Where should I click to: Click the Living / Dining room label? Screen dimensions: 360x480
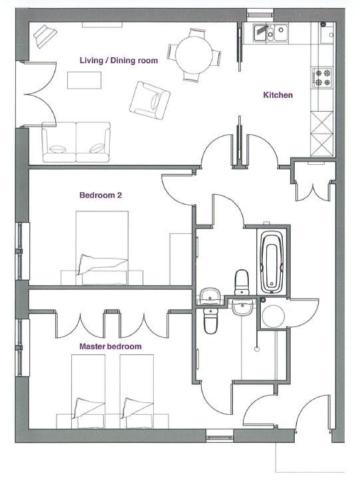coord(118,60)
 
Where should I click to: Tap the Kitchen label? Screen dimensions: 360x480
coord(278,95)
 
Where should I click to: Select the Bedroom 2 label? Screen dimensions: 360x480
coord(100,195)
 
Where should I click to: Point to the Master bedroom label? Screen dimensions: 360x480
coord(110,346)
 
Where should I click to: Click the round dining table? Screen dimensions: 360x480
coord(194,55)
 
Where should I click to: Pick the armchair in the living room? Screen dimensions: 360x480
coord(149,100)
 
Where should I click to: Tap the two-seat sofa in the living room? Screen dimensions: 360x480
coord(76,142)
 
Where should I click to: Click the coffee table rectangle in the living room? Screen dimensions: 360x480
coord(85,80)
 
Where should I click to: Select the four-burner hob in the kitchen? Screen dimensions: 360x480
coord(322,77)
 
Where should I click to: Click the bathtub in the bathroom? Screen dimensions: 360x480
coord(271,262)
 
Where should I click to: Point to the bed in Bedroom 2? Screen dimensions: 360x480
coord(102,248)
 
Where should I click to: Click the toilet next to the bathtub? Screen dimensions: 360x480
coord(242,283)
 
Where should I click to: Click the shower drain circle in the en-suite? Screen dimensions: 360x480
coord(257,348)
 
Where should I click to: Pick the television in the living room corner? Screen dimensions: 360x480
coord(45,36)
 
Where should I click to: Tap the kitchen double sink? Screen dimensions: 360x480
coord(271,33)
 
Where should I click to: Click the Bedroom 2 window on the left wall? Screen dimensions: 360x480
coord(23,251)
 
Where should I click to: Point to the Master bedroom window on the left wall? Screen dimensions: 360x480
coord(23,348)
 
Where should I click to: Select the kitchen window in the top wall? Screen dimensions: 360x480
coord(260,14)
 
